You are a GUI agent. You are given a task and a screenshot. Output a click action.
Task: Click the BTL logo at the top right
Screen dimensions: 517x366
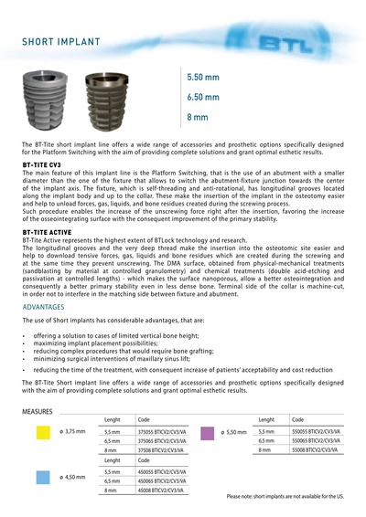point(312,42)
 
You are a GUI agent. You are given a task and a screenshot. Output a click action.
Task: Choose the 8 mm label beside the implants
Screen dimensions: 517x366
point(197,118)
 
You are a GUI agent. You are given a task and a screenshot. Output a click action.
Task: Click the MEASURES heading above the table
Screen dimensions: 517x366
point(38,412)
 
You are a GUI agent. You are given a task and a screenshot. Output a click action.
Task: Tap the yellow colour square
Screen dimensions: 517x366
point(42,432)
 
